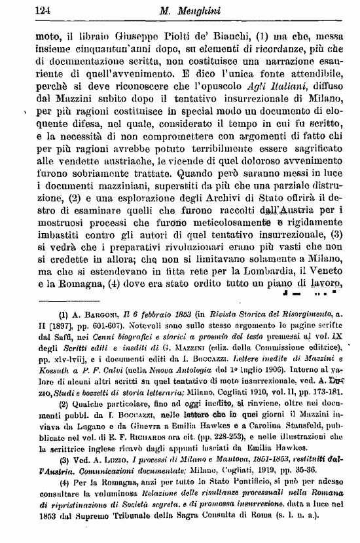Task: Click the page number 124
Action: click(24, 9)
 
